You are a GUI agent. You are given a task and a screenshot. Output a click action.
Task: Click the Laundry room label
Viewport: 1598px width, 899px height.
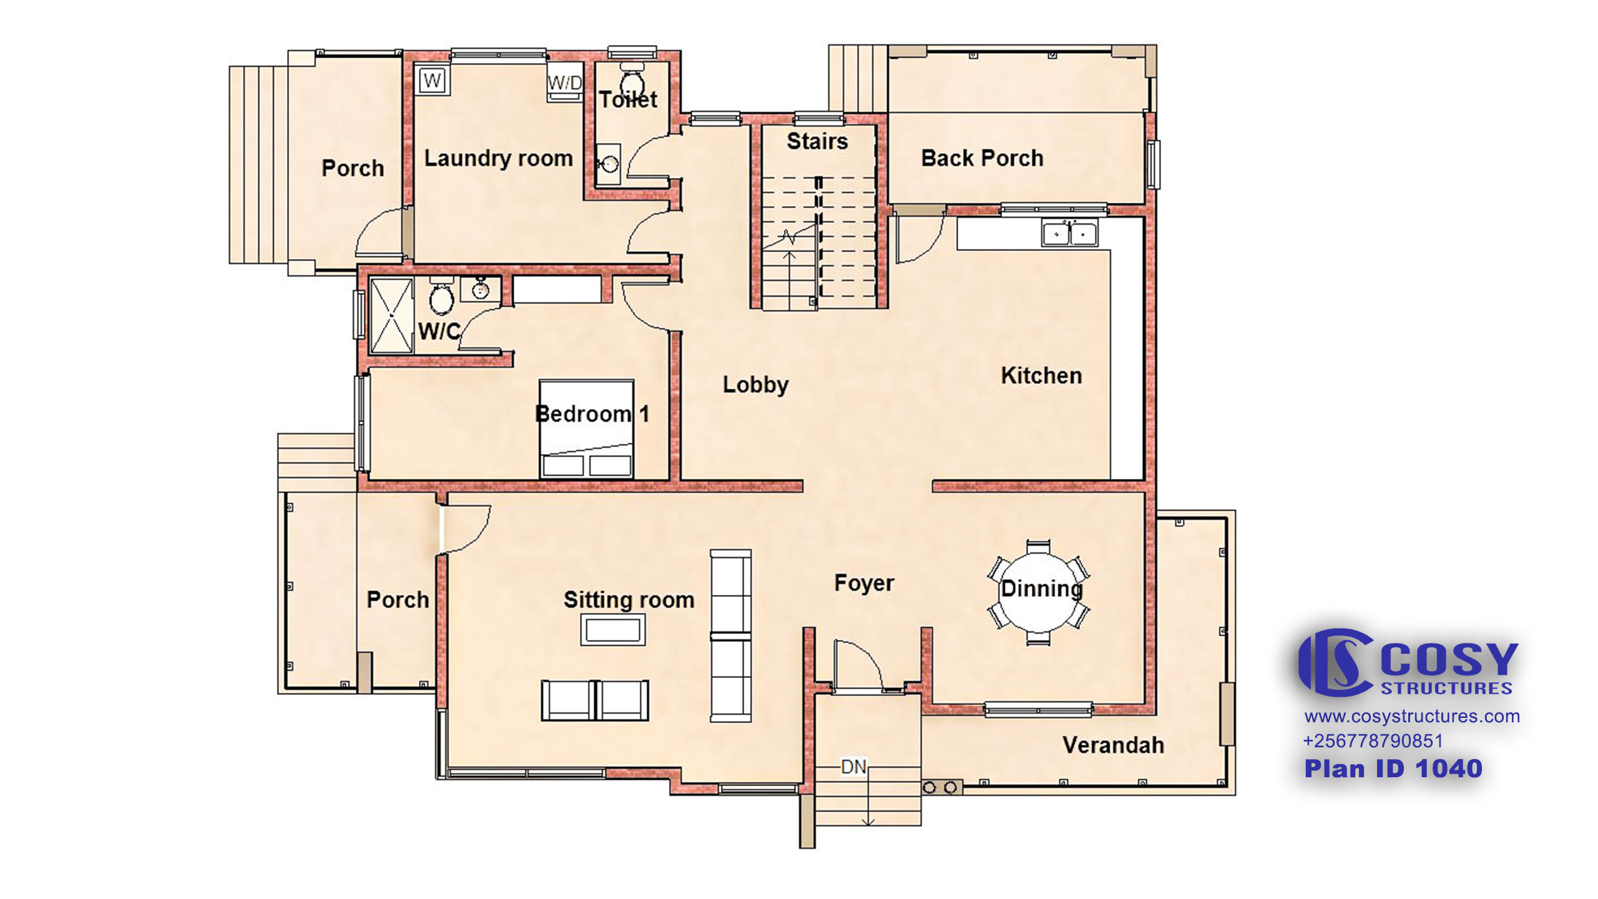click(498, 159)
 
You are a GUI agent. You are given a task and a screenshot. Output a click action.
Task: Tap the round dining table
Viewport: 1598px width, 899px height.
click(1038, 591)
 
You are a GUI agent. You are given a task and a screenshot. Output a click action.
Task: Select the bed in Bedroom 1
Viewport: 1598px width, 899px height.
click(586, 429)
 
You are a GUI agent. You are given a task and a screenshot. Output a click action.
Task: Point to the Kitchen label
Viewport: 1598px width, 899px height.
click(1041, 375)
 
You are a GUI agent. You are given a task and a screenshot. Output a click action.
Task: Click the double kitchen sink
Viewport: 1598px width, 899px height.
click(1069, 233)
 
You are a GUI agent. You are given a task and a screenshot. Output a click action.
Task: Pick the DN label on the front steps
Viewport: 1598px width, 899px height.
click(853, 766)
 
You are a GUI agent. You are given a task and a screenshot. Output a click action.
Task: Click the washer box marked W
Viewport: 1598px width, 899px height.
click(432, 80)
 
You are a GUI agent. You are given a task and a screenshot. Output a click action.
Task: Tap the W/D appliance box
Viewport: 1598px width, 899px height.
click(564, 82)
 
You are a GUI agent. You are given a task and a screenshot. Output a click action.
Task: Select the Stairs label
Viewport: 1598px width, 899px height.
click(817, 141)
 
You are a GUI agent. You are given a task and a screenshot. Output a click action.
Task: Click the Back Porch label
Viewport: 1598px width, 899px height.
click(982, 158)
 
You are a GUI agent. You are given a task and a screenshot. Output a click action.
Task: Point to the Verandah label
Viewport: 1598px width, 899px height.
click(1113, 745)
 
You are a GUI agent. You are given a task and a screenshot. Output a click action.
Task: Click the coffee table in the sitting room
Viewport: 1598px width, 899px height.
click(612, 629)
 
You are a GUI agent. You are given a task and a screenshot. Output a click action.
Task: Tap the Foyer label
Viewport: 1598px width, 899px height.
click(864, 583)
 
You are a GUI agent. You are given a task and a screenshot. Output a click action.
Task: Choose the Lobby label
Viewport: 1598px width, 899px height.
click(755, 385)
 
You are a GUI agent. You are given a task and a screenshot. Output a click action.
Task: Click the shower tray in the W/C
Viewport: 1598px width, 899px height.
click(391, 316)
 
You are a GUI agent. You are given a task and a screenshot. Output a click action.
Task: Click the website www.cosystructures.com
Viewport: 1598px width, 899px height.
click(1412, 716)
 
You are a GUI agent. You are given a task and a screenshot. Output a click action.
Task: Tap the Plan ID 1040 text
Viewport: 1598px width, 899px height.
click(1393, 769)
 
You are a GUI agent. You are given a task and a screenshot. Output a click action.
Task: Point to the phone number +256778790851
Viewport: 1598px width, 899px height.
click(1373, 741)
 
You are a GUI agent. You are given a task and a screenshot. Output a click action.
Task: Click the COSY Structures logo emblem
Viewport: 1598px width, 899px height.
click(1336, 662)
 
